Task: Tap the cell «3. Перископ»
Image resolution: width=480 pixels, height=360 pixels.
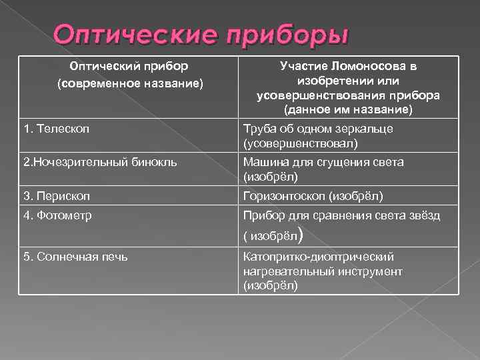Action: pos(56,196)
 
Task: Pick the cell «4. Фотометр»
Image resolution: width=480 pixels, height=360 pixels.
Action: pos(57,215)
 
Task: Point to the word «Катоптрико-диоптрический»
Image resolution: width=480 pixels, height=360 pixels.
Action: pos(319,257)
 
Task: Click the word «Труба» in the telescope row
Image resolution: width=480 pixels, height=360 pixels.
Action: pos(259,128)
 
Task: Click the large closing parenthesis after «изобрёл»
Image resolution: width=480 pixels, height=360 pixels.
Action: pos(303,233)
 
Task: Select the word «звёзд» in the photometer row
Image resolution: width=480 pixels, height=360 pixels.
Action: pos(425,215)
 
